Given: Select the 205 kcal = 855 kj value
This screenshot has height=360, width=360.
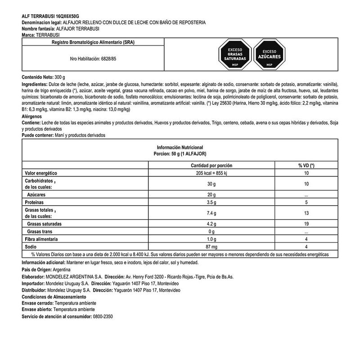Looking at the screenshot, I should click(211, 173).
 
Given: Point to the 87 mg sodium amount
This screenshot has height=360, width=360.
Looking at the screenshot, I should click(211, 247).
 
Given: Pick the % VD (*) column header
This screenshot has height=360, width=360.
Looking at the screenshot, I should click(306, 166).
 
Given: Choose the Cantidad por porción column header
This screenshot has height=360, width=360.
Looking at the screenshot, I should click(211, 166).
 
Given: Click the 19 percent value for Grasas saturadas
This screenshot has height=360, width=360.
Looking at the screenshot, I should click(306, 224).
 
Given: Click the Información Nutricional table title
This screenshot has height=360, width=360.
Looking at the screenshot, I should click(180, 148).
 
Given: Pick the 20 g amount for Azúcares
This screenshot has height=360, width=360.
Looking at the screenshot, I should click(211, 195).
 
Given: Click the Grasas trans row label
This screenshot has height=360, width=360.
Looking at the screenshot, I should click(40, 231).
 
